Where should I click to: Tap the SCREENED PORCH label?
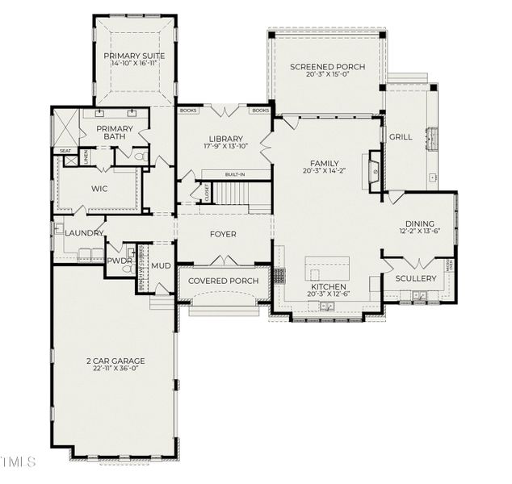click(327, 66)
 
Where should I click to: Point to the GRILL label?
click(401, 137)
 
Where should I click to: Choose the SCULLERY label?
click(416, 278)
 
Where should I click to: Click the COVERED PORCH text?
click(224, 281)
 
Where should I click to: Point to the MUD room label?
click(162, 265)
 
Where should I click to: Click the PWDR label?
click(119, 261)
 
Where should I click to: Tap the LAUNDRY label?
click(84, 233)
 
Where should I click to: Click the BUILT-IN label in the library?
click(236, 174)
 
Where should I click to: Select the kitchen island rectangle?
click(327, 268)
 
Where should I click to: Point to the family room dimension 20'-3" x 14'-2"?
click(325, 171)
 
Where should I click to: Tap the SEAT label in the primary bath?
click(64, 151)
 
